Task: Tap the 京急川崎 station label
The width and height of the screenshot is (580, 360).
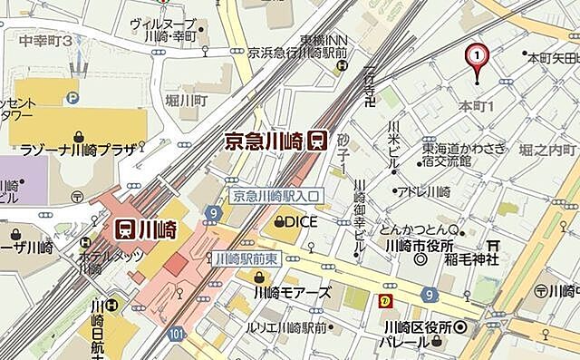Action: [264, 141]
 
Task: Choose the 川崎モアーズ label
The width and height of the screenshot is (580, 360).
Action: [292, 293]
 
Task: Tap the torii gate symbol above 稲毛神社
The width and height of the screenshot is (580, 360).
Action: [493, 244]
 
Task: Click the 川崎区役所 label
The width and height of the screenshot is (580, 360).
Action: [417, 326]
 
